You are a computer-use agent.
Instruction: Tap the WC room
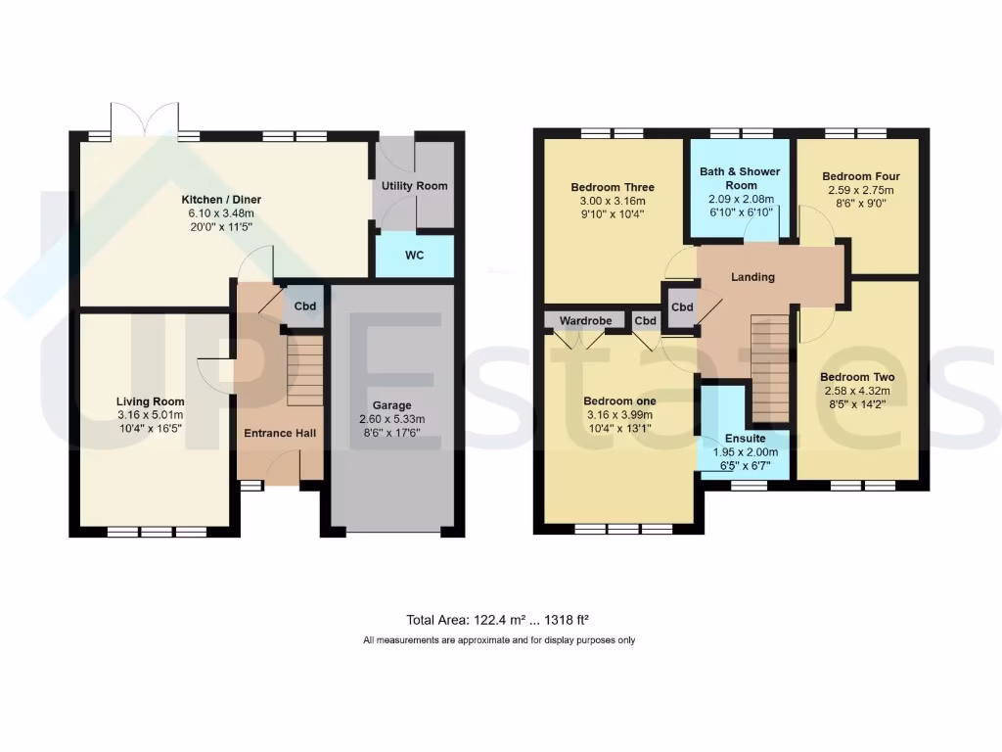414,256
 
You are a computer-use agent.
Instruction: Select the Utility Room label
414,186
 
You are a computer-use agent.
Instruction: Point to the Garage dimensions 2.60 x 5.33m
391,419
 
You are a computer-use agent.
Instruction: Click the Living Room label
150,401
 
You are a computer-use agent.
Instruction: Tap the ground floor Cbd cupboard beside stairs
305,306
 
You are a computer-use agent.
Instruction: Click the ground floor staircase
304,371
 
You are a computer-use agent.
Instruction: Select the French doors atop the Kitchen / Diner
145,118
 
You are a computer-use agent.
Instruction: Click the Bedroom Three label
612,187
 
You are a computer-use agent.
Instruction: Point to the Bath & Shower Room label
740,178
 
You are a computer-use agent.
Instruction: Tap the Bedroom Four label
861,176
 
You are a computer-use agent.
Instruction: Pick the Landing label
752,277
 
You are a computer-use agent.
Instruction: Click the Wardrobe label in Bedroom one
585,320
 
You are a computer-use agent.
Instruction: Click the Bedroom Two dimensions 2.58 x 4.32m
857,391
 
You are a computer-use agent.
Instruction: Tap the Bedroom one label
619,400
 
